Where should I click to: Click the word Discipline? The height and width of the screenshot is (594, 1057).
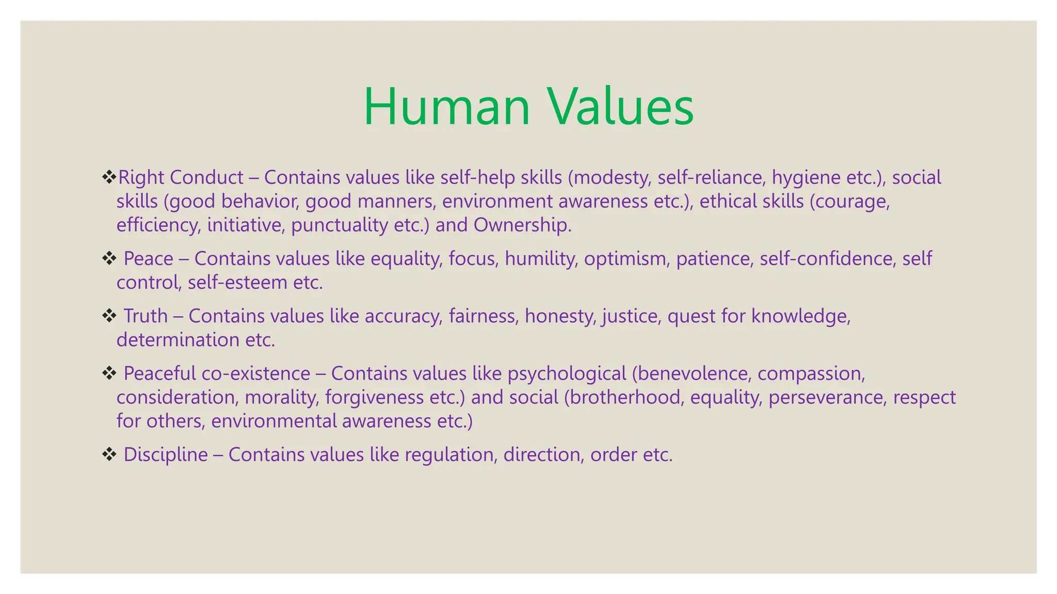[x=166, y=455]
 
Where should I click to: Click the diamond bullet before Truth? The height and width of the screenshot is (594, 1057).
[x=109, y=316]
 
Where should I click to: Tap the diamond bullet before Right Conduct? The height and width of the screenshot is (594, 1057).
[x=109, y=177]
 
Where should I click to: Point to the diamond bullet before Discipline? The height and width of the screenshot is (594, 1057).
[x=109, y=454]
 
